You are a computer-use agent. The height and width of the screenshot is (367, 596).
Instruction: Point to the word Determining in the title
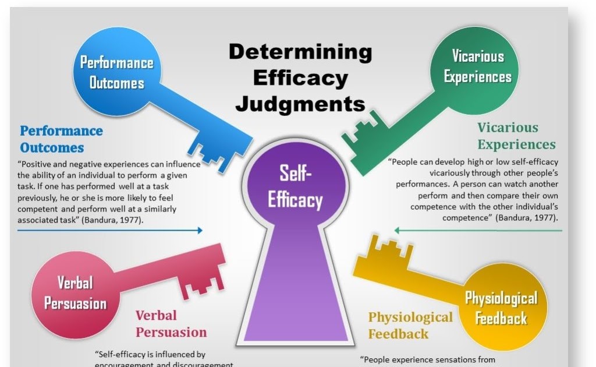click(x=300, y=52)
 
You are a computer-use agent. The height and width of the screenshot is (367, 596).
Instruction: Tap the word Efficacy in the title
click(x=301, y=78)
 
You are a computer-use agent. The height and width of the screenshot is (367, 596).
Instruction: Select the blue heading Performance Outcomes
click(x=61, y=139)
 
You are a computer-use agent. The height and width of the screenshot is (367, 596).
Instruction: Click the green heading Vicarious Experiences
click(x=516, y=136)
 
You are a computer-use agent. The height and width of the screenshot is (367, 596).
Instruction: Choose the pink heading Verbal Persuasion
click(x=171, y=324)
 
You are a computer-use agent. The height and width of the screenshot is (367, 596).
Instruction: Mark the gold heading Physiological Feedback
click(x=410, y=326)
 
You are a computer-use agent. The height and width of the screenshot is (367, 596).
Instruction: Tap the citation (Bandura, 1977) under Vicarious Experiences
click(x=527, y=218)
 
